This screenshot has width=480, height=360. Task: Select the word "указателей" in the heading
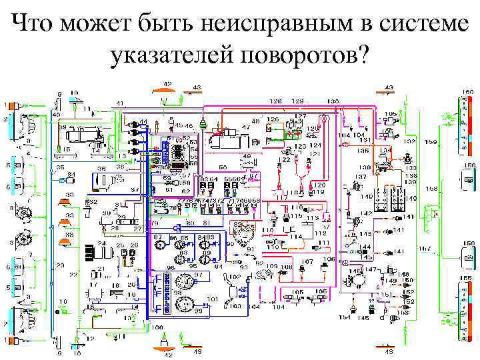(169, 57)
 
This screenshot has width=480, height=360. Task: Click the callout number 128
(275, 101)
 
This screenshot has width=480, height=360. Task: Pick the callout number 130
(332, 101)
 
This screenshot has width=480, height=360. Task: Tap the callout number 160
(469, 91)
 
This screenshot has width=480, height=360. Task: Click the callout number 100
(157, 327)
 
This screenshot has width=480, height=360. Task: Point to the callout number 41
(120, 103)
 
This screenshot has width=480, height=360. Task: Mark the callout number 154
(345, 317)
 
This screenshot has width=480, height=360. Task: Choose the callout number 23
(61, 265)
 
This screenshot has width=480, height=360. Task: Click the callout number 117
(283, 197)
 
